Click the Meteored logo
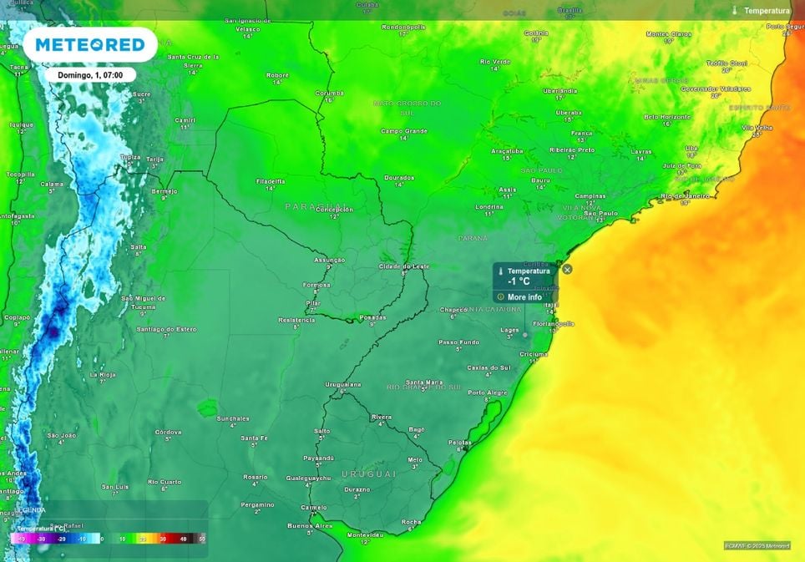(89, 45)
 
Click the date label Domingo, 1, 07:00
(90, 74)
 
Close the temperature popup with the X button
(567, 269)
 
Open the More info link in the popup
(524, 296)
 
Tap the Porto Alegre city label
(489, 392)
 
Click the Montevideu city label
(364, 534)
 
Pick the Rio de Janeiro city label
(684, 195)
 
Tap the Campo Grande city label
(404, 130)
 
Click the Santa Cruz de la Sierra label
(193, 60)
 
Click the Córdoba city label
(168, 432)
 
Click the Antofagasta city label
(17, 215)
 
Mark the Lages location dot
(525, 334)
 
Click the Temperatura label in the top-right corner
(767, 11)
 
